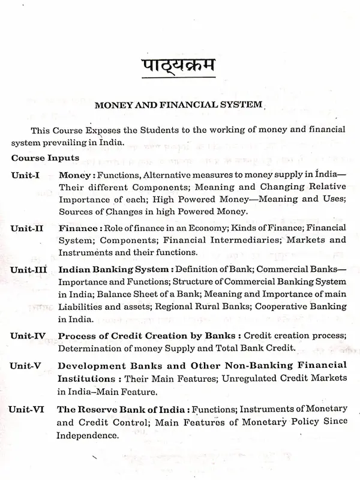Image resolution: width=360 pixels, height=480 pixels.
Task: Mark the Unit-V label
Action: [x=29, y=365]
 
